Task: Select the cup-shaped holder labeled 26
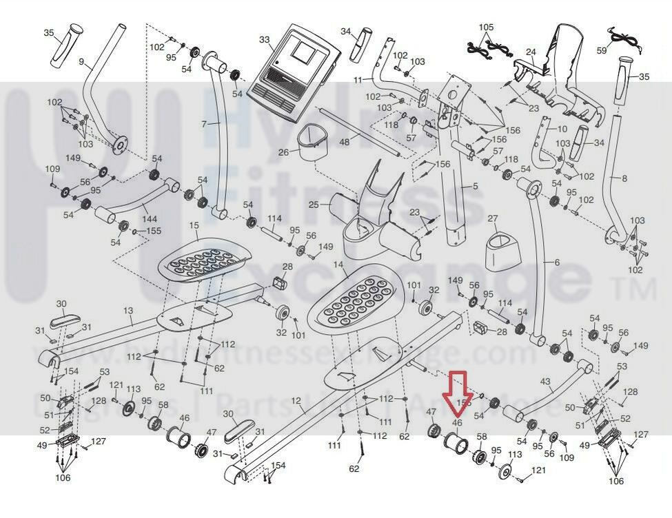(312, 143)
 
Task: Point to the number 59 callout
(602, 50)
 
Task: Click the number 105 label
(486, 27)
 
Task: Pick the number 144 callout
(150, 219)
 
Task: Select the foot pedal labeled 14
(354, 298)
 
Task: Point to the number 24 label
(531, 52)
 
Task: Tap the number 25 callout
(314, 205)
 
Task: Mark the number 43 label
(545, 382)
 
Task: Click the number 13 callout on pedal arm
(128, 311)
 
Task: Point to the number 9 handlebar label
(81, 62)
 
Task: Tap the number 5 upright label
(474, 187)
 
